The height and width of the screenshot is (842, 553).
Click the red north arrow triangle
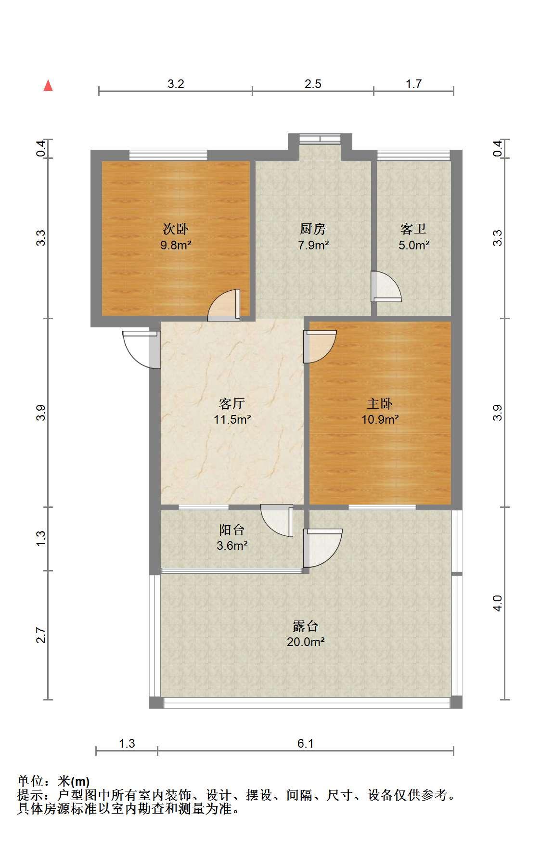coord(48,86)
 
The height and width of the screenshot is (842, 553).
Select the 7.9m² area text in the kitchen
coord(313,245)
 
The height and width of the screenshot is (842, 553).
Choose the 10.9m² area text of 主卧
coord(380,419)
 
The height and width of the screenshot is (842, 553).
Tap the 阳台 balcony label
coord(232,530)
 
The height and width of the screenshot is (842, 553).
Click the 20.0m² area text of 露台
coord(306,642)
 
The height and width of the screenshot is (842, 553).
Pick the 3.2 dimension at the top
coord(176,84)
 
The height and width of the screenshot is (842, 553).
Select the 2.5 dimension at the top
coord(313,84)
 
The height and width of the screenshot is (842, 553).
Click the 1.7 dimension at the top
coord(413,84)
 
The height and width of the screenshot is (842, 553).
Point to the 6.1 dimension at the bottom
coord(305,743)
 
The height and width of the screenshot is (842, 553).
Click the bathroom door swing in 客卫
coord(386,286)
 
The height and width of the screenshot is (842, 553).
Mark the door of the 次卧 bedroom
coord(224,305)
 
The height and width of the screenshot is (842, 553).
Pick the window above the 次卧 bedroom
coord(168,155)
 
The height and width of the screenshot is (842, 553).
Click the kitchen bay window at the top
coord(320,139)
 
